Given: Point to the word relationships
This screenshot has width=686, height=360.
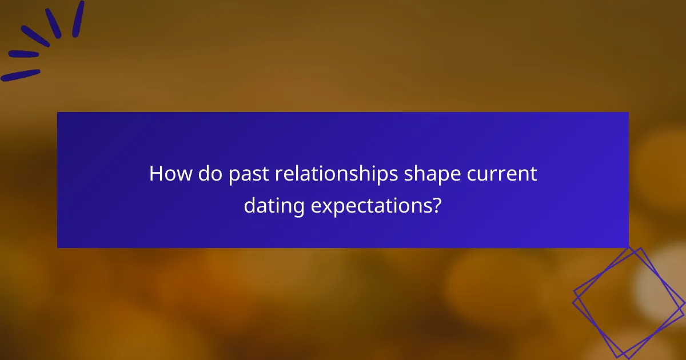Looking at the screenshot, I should (336, 174).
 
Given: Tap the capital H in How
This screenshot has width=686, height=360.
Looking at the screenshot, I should (156, 174).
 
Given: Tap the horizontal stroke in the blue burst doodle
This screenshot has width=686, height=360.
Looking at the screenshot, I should (23, 54).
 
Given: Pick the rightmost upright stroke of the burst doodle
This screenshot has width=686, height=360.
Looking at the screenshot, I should (78, 18).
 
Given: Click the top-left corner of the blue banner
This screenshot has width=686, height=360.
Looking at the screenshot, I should (58, 113).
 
